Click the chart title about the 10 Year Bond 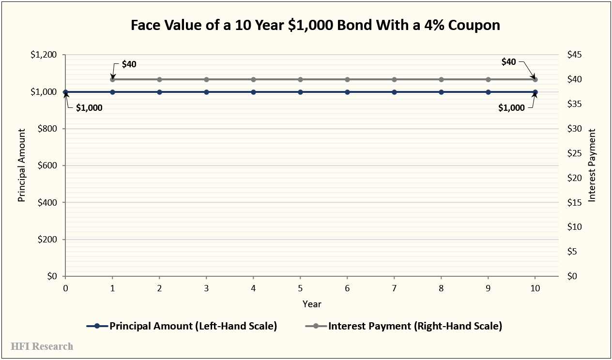point(315,26)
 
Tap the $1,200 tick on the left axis point(44,55)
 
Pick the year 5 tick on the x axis point(300,288)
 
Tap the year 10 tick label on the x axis point(535,288)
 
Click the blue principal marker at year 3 point(206,92)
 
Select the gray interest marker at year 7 point(394,79)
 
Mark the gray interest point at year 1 point(112,79)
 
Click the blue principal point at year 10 point(535,92)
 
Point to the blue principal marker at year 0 point(65,92)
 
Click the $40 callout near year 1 point(129,64)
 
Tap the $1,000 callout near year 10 point(511,108)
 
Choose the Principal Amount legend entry point(182,326)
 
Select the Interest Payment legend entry point(404,326)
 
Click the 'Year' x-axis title point(312,304)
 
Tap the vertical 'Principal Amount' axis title point(22,165)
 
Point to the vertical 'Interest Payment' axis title point(592,165)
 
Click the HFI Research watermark point(42,346)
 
